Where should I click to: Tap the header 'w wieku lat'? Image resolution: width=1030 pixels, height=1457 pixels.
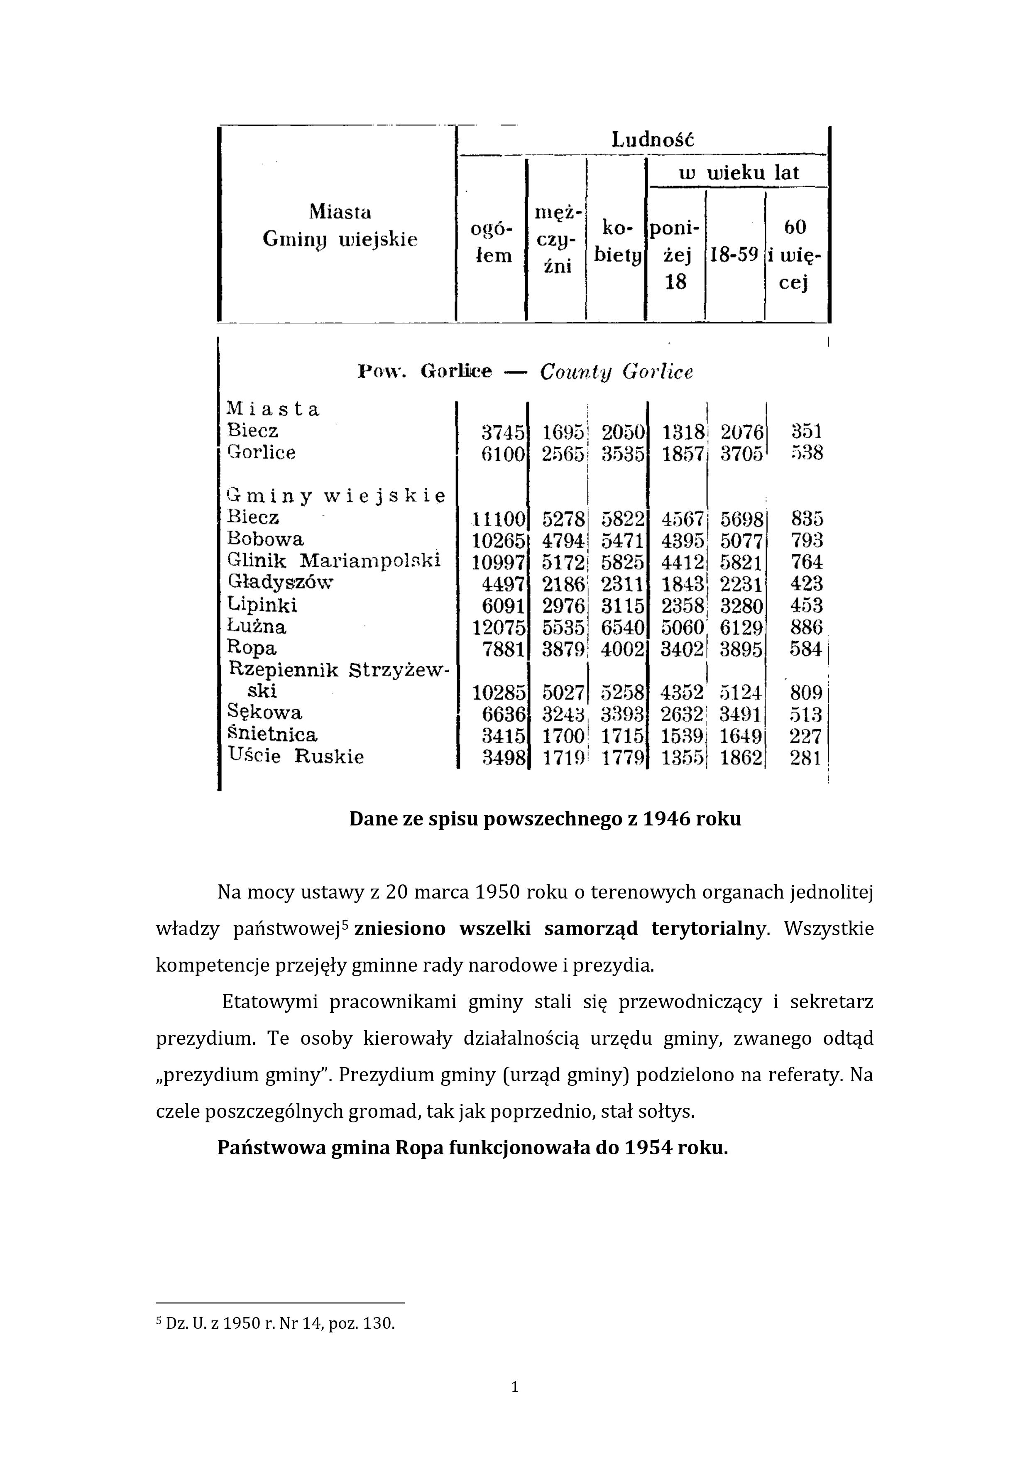click(x=738, y=173)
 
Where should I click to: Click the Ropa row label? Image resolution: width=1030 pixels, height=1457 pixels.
click(x=252, y=649)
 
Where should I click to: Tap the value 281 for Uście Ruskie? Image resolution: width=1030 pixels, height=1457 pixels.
click(x=806, y=758)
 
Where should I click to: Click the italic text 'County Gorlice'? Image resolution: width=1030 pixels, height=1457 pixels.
click(x=616, y=372)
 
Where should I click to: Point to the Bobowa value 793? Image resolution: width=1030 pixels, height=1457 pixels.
click(x=807, y=541)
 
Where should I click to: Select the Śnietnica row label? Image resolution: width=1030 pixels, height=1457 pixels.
click(x=272, y=735)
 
